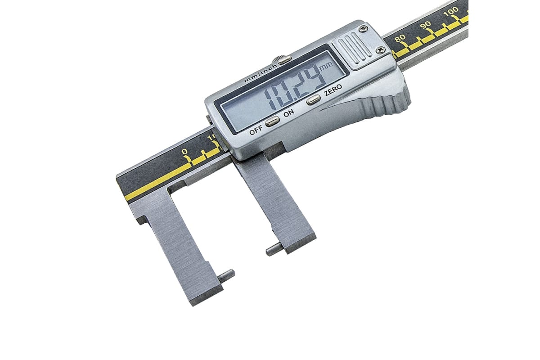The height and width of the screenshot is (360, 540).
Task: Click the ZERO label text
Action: tap(333, 90)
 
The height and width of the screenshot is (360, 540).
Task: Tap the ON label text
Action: tap(288, 113)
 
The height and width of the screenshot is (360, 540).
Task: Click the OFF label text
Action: tap(256, 131)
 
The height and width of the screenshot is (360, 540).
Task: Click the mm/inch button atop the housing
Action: tap(285, 59)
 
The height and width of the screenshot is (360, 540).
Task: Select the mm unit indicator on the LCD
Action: tap(326, 66)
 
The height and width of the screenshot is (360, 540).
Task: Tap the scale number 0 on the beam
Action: tap(184, 152)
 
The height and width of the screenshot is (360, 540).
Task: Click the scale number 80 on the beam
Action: tap(400, 38)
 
